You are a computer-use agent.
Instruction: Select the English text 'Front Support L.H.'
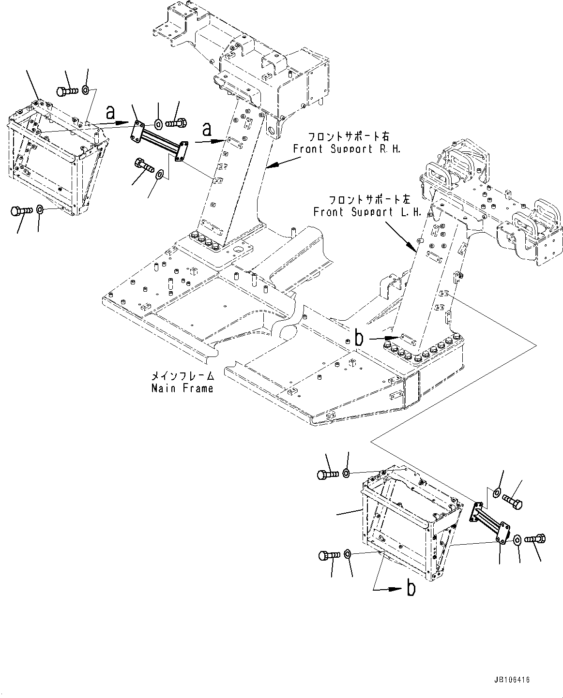tap(367, 212)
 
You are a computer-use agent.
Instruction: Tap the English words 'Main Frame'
tap(182, 388)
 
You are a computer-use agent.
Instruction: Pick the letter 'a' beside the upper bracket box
tap(111, 113)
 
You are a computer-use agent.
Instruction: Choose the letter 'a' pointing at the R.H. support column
tap(207, 130)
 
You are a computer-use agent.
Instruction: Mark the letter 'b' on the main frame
tap(358, 339)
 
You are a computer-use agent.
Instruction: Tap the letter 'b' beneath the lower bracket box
tap(411, 589)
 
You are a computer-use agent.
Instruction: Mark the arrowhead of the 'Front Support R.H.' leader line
tap(268, 167)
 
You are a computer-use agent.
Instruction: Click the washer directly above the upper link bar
tap(158, 123)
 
